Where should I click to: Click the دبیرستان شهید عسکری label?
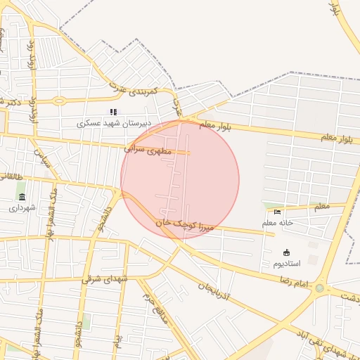(114, 123)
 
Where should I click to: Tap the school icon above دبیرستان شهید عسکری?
(113, 112)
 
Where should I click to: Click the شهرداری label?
(22, 208)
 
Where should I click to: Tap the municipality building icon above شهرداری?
(22, 197)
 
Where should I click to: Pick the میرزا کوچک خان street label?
(184, 223)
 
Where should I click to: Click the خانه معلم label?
(277, 223)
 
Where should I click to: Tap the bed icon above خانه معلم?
(277, 212)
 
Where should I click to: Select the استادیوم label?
(287, 264)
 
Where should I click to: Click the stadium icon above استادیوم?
(287, 252)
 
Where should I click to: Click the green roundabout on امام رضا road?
(320, 288)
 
